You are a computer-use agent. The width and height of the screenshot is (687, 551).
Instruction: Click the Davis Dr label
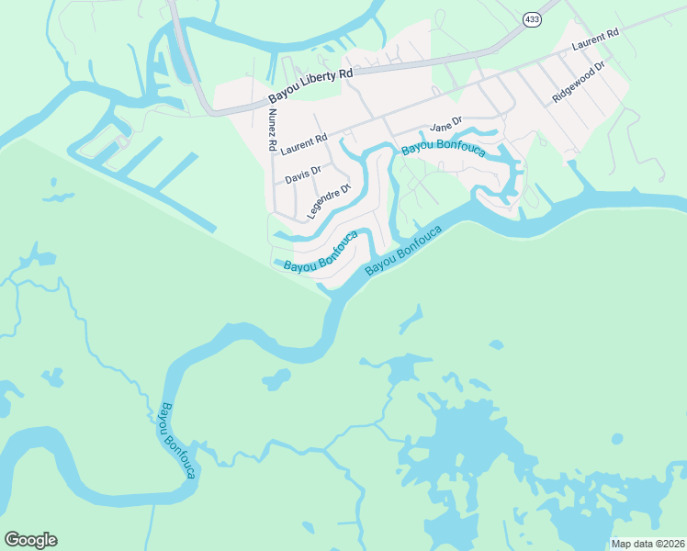coord(302,174)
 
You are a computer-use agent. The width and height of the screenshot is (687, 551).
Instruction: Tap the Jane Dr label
coord(444,129)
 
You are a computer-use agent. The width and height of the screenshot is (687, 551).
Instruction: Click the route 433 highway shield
coord(532,18)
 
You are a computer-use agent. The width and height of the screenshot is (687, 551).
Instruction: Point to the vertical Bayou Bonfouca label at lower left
coord(178,440)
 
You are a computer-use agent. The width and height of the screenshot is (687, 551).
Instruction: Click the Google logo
coord(30,540)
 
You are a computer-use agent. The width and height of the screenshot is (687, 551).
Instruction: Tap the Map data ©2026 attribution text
coord(648,544)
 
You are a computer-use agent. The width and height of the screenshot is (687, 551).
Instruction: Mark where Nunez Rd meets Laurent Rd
coord(274,152)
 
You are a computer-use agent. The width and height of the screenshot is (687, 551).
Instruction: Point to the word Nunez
coord(273,121)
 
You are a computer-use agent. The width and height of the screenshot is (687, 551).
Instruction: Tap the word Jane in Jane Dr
coord(439,129)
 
